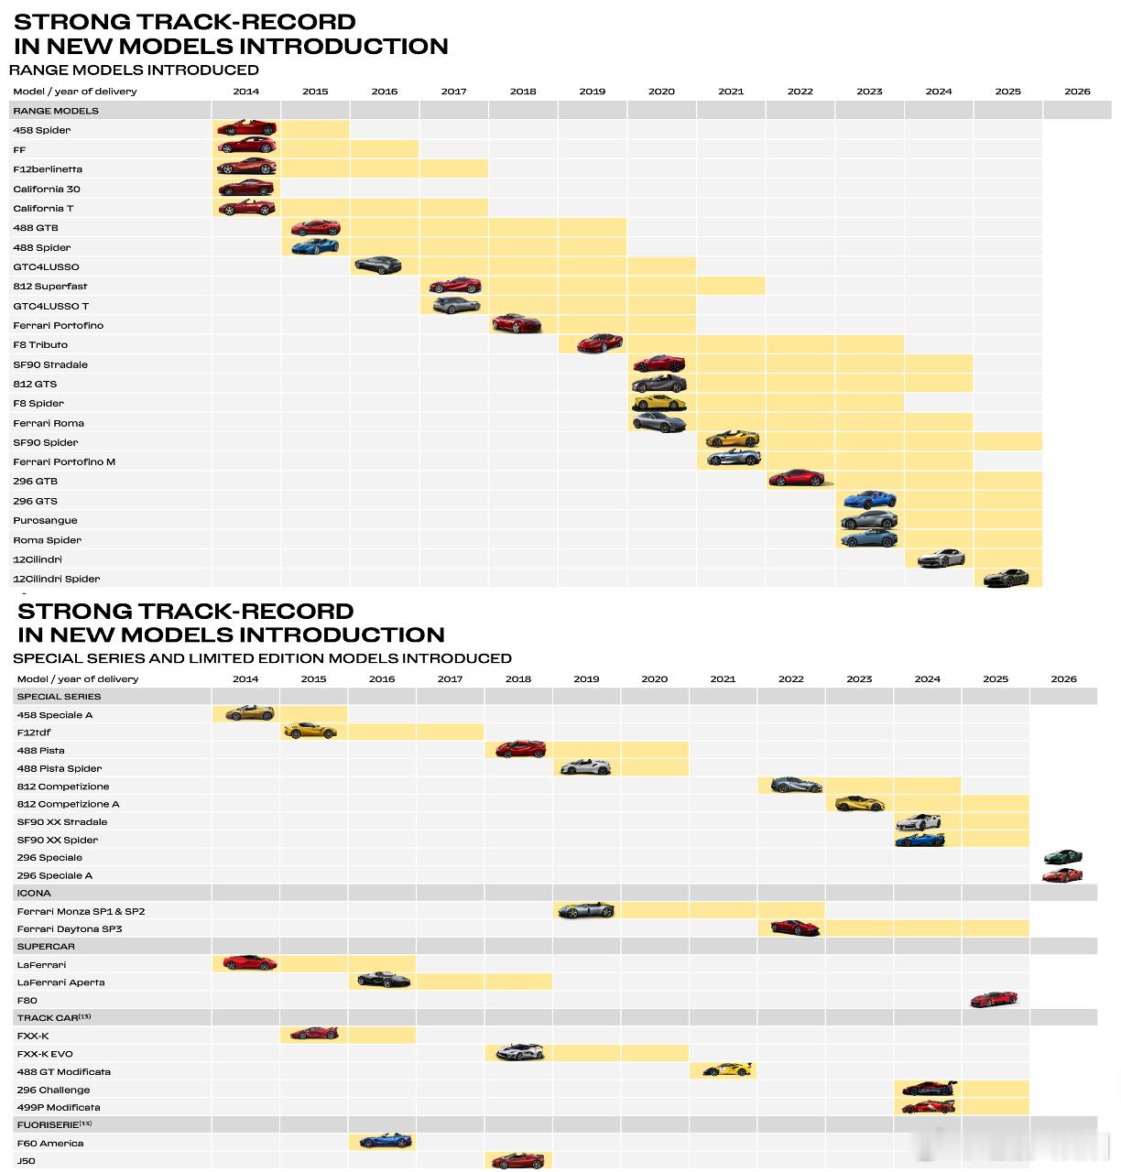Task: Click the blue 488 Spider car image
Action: point(315,246)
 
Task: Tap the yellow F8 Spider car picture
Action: point(658,402)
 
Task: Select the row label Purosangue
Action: point(45,520)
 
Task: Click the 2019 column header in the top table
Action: point(593,92)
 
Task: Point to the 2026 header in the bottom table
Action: point(1063,678)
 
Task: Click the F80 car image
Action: point(994,999)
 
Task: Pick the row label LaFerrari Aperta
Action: point(60,982)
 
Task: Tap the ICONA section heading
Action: point(34,893)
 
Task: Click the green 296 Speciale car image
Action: point(1062,856)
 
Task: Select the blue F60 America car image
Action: point(385,1141)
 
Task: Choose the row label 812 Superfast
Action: point(50,286)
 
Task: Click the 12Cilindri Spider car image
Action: point(1006,578)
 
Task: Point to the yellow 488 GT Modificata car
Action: point(728,1069)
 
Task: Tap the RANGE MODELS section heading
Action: point(56,111)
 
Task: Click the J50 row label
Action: point(26,1161)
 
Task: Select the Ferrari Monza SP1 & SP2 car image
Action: point(585,910)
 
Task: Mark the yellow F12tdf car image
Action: point(310,732)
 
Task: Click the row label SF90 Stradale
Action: point(50,364)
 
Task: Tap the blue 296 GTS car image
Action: point(869,500)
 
